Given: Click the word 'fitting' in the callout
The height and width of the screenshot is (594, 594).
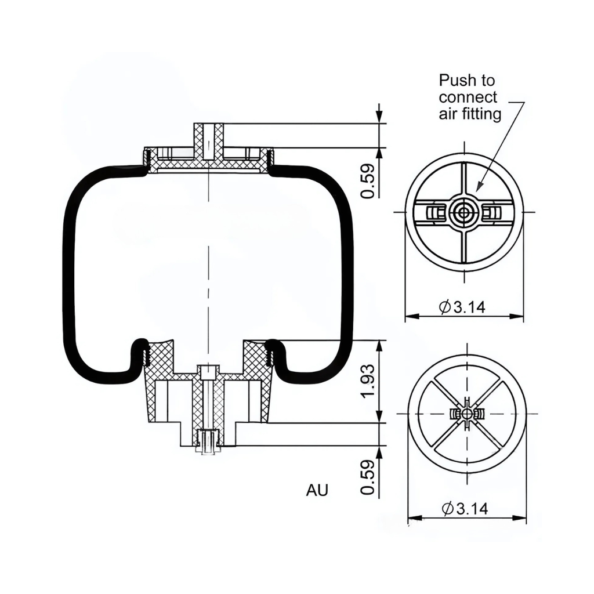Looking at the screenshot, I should tap(483, 114).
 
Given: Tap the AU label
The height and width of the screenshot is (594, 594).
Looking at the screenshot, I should tap(317, 490).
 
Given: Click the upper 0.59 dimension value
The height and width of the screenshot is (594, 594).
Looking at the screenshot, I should tap(367, 182).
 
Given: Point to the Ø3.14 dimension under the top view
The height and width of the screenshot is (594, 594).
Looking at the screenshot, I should tap(462, 307).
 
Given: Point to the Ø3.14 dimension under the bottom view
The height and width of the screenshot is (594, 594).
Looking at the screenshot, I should tap(465, 509).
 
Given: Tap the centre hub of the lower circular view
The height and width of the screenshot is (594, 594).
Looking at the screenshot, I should tap(467, 413).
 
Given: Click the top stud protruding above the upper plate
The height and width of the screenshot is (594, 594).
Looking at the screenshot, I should tap(208, 139).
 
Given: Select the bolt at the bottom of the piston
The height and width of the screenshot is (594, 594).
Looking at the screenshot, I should tap(208, 443).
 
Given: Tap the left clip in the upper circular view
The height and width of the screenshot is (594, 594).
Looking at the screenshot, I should tap(433, 213).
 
